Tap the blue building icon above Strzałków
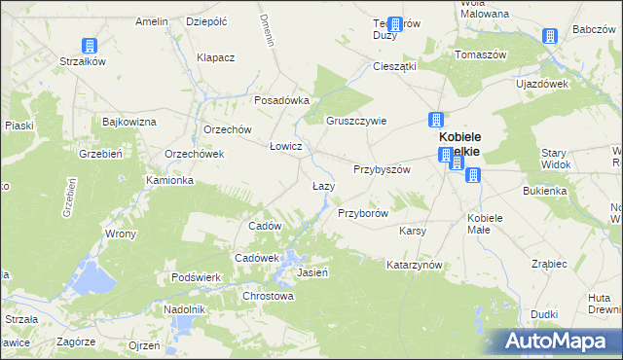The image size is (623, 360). click(x=89, y=45)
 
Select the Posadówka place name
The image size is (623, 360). click(x=281, y=100)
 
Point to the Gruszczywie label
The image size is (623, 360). click(x=356, y=122)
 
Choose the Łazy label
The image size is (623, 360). click(x=323, y=186)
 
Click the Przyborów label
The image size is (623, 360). click(x=363, y=213)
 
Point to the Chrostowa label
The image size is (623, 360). click(x=268, y=296)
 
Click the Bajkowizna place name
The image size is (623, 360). click(x=129, y=123)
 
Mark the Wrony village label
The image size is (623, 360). click(x=121, y=234)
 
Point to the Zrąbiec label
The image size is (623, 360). click(x=550, y=264)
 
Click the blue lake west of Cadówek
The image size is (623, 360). click(x=94, y=276)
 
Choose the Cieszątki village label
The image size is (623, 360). click(x=395, y=66)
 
